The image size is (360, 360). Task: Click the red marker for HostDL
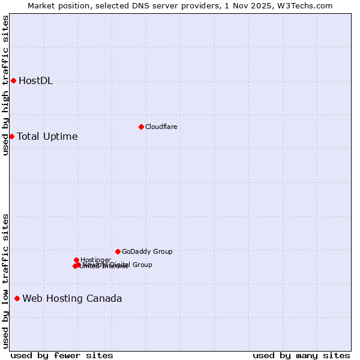pyautogui.click(x=13, y=80)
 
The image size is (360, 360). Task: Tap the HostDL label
pyautogui.click(x=35, y=81)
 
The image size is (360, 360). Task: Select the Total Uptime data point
pyautogui.click(x=11, y=136)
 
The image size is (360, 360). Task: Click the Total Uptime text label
pyautogui.click(x=47, y=136)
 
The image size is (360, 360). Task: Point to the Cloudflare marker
pyautogui.click(x=141, y=127)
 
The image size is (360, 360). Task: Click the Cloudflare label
pyautogui.click(x=161, y=127)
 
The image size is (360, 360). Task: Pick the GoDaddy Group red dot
pyautogui.click(x=118, y=251)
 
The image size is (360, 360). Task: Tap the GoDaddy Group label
pyautogui.click(x=146, y=251)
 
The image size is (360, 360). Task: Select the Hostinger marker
pyautogui.click(x=76, y=260)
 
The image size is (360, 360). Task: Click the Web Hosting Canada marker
pyautogui.click(x=17, y=298)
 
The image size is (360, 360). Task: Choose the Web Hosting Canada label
pyautogui.click(x=72, y=298)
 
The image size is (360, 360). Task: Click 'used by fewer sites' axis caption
pyautogui.click(x=62, y=355)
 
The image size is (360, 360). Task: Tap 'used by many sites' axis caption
pyautogui.click(x=301, y=355)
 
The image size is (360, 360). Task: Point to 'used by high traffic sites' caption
pyautogui.click(x=5, y=85)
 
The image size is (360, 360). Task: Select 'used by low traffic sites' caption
pyautogui.click(x=5, y=280)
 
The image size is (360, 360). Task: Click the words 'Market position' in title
pyautogui.click(x=56, y=5)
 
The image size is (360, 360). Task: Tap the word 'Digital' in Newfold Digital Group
pyautogui.click(x=118, y=265)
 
